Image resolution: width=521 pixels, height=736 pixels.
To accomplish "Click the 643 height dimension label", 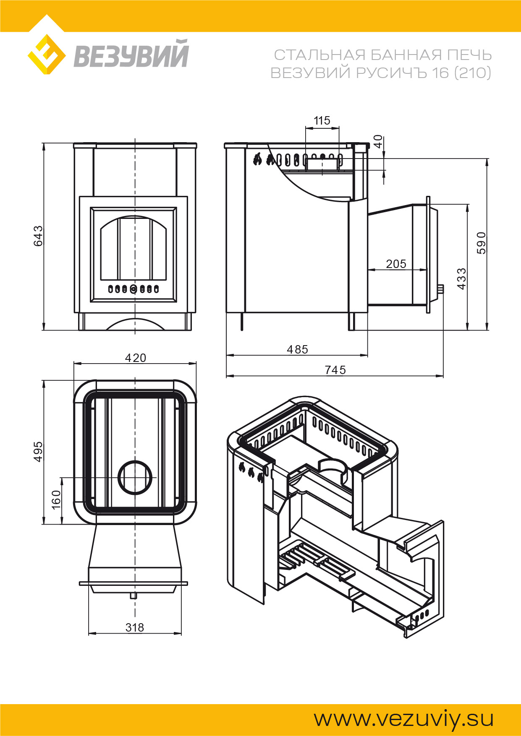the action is pyautogui.click(x=38, y=236).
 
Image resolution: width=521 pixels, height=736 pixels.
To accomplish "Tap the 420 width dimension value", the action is pyautogui.click(x=136, y=358).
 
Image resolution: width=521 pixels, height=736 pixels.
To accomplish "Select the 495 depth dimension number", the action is pyautogui.click(x=38, y=452).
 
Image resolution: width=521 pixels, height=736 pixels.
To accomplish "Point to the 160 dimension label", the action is pyautogui.click(x=56, y=499).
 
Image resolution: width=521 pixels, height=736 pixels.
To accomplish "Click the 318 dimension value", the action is pyautogui.click(x=135, y=627).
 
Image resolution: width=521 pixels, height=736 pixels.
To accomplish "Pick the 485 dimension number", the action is pyautogui.click(x=297, y=349).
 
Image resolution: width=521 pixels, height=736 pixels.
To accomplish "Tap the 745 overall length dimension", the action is pyautogui.click(x=335, y=370).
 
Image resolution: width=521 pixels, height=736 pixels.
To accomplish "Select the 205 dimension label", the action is pyautogui.click(x=396, y=264).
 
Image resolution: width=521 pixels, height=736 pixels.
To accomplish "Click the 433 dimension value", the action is pyautogui.click(x=461, y=279).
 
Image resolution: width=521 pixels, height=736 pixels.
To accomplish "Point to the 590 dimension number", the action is pyautogui.click(x=481, y=243).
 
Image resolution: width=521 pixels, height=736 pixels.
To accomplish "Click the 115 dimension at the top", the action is pyautogui.click(x=322, y=121).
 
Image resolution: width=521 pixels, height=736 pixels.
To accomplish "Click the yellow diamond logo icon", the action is pyautogui.click(x=47, y=55).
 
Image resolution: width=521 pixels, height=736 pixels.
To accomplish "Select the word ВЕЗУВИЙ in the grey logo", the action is pyautogui.click(x=131, y=54).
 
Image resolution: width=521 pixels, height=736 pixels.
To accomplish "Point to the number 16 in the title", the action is pyautogui.click(x=441, y=73).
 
